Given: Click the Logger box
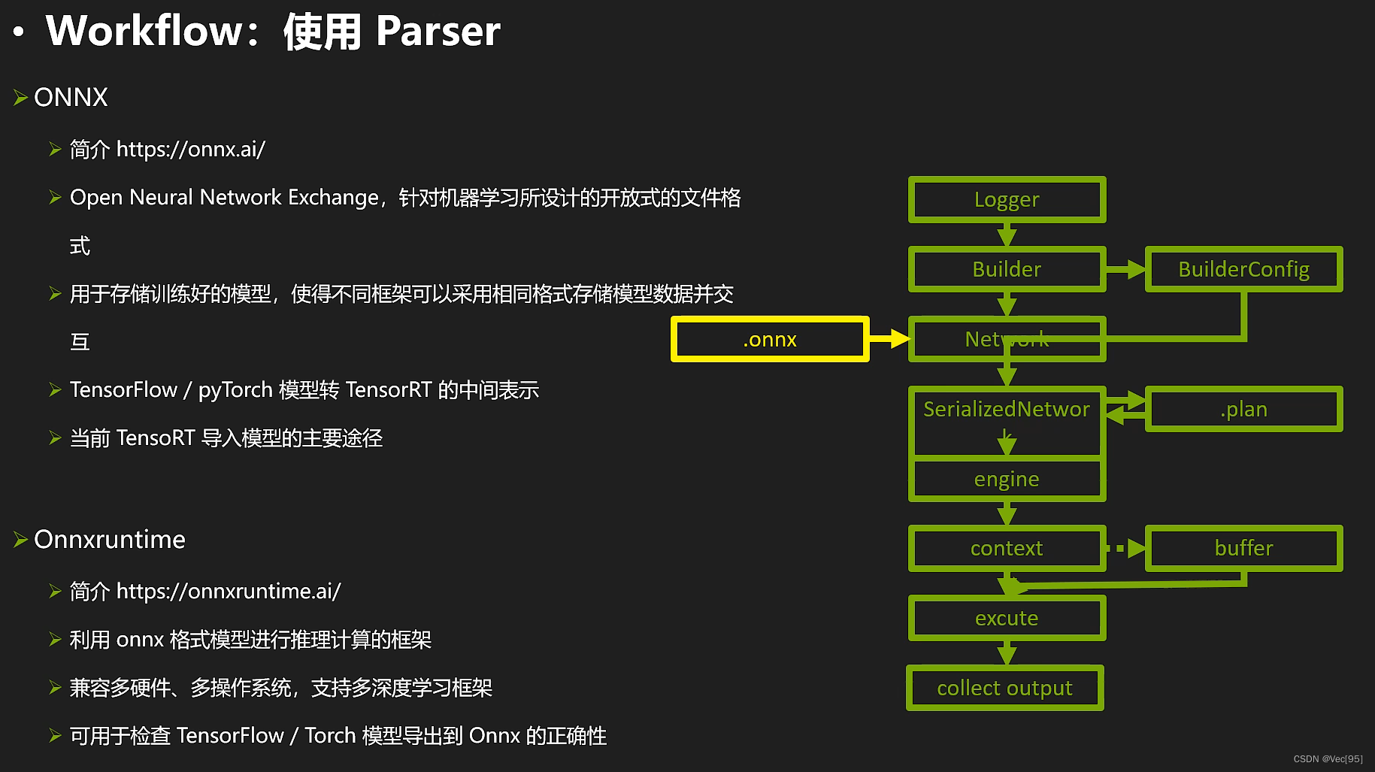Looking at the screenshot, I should click(x=1007, y=199).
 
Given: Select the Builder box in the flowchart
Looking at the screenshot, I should click(x=1007, y=269).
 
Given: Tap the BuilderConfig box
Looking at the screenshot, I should click(x=1243, y=269).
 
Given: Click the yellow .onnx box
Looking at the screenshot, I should click(x=770, y=339).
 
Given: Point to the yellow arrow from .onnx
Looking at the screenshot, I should click(x=890, y=339).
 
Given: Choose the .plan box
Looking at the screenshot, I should click(x=1243, y=409).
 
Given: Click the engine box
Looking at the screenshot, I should click(x=1007, y=479).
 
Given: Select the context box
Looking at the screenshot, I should click(x=1007, y=548).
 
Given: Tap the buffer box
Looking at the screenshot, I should click(x=1243, y=548).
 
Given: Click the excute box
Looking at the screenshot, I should click(x=1007, y=618).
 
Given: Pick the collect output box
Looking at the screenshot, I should click(x=1005, y=688).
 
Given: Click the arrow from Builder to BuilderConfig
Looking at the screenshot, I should click(x=1125, y=269).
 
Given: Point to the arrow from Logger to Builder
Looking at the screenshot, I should click(x=1007, y=235).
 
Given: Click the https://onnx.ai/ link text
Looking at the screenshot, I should click(x=190, y=149).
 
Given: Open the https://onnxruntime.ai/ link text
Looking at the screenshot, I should click(x=228, y=591).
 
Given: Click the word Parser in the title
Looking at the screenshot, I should click(x=438, y=32).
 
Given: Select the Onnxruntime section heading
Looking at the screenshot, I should click(x=109, y=539).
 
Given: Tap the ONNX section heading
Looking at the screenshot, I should click(x=71, y=97).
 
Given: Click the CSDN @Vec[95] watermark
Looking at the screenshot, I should click(x=1328, y=758).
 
